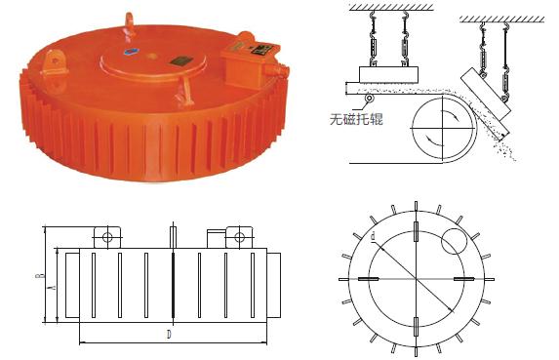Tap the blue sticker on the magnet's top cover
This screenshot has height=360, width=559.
[x=130, y=51]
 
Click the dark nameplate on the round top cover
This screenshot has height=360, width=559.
[x=180, y=60]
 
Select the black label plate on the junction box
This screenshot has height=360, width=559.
[x=246, y=44]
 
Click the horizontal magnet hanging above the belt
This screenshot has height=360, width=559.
[x=389, y=74]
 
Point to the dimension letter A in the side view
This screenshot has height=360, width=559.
[x=53, y=288]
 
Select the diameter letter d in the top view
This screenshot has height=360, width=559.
[x=374, y=236]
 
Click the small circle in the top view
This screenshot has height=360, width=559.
[x=452, y=241]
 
